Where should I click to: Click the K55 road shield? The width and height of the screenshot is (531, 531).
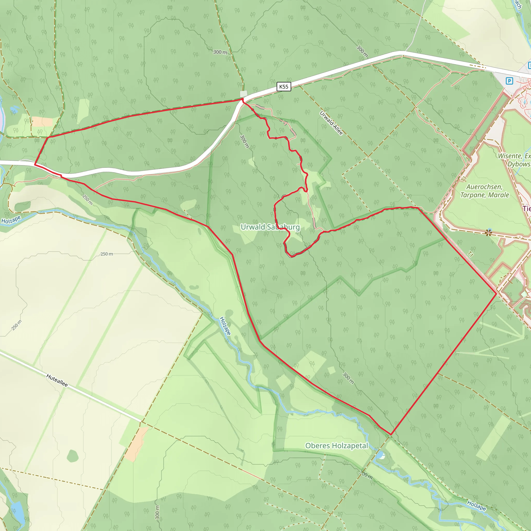pos(284,87)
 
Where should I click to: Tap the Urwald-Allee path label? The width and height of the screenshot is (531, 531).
pos(331,123)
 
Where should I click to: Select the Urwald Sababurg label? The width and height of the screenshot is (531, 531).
pos(270,227)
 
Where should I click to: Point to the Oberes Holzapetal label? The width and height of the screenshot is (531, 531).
pos(336,445)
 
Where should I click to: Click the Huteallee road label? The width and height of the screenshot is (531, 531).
pos(57,380)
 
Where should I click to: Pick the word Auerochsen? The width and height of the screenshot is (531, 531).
pos(484,187)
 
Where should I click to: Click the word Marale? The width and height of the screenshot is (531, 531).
pos(499,195)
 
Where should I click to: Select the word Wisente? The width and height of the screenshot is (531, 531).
pos(510,156)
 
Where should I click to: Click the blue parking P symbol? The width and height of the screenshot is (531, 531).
pos(509,81)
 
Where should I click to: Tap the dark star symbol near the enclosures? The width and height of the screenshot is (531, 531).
pos(488,233)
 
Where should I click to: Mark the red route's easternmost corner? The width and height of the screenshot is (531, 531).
pos(496,294)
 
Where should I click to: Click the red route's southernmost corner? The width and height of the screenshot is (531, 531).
pos(390,435)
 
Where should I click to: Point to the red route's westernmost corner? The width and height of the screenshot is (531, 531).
pos(35,164)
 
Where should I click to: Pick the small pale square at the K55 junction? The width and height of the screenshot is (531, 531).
pos(243,94)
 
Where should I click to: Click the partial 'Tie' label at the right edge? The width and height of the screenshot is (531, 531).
pos(527,209)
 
